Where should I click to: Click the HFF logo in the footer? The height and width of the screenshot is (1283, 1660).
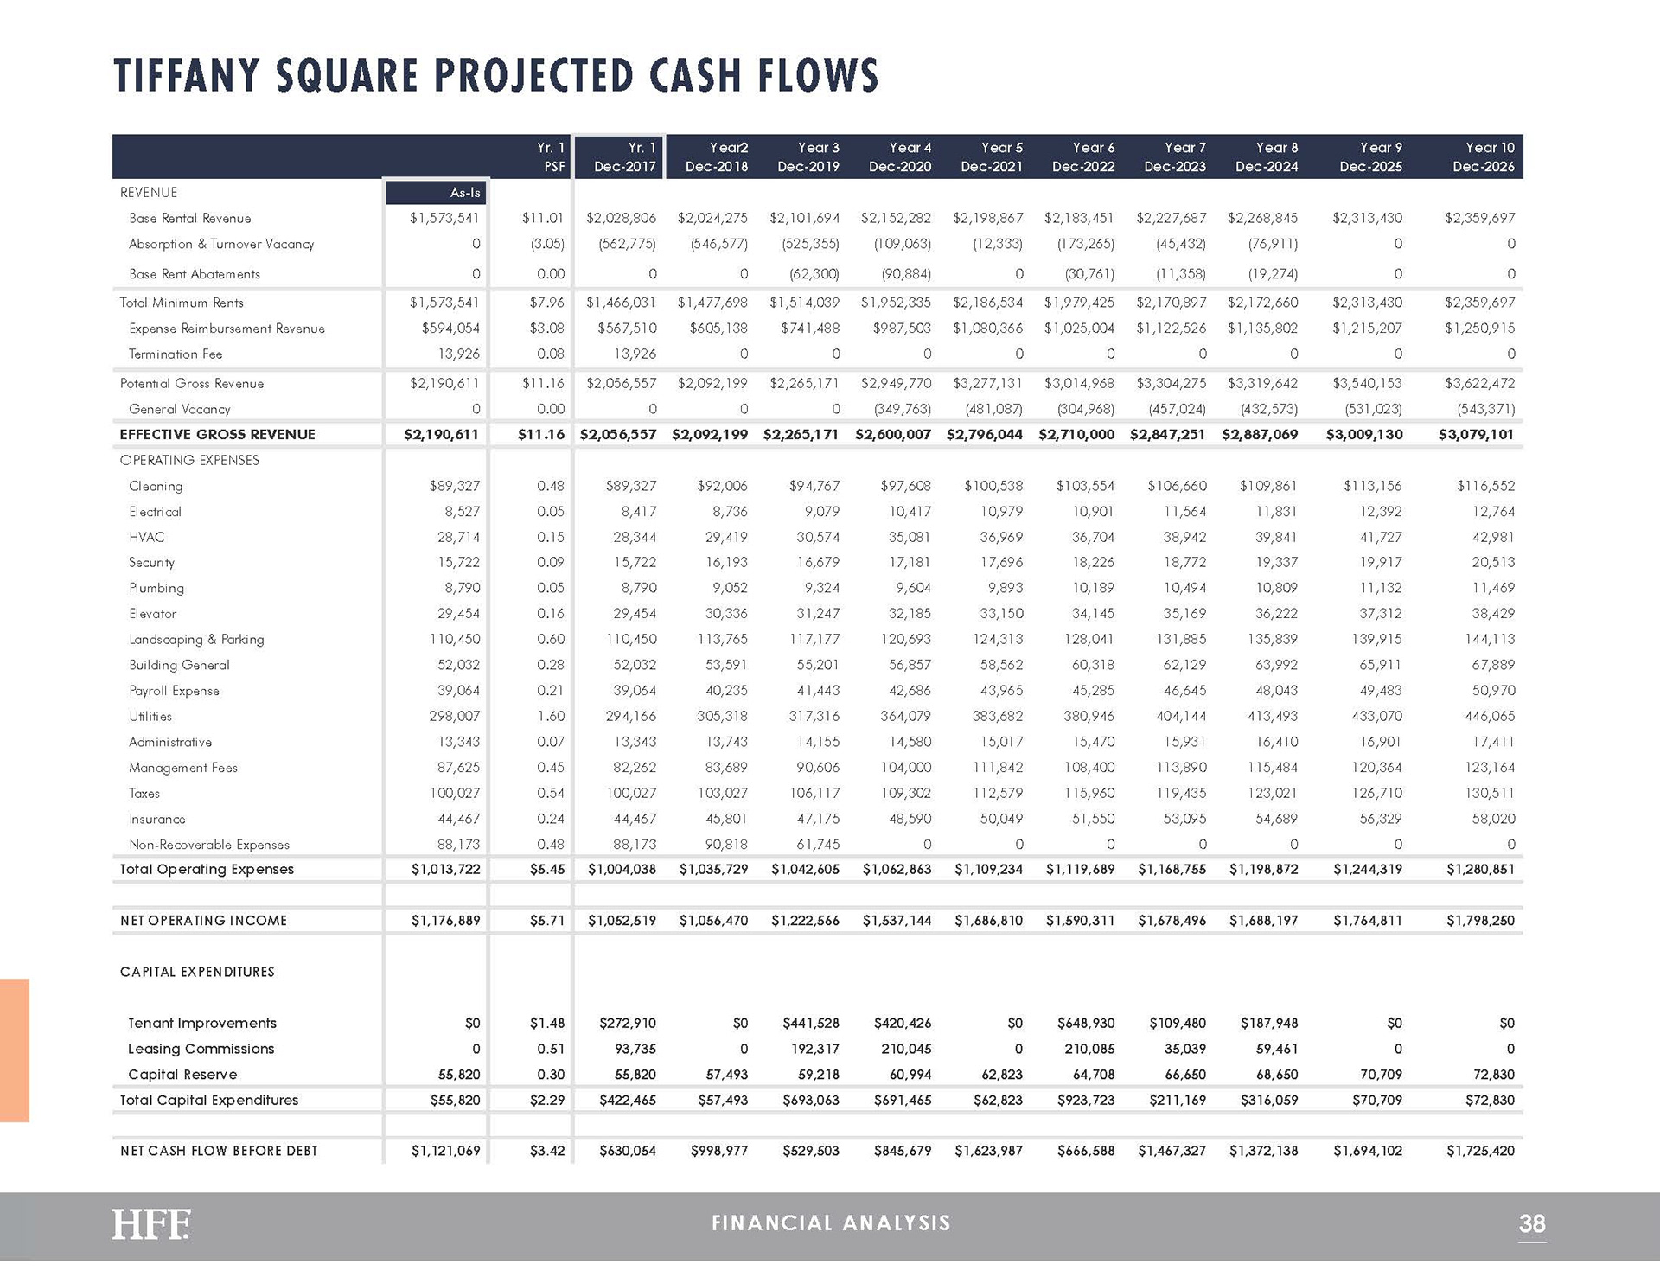click(x=150, y=1223)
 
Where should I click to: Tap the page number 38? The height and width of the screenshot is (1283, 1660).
click(x=1532, y=1223)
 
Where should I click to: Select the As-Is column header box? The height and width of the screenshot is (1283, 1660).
click(x=435, y=192)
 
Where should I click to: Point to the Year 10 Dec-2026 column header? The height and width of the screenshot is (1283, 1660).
click(x=1484, y=156)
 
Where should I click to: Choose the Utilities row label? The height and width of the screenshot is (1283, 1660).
click(x=150, y=716)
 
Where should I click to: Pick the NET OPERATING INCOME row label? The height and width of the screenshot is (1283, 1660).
click(x=203, y=920)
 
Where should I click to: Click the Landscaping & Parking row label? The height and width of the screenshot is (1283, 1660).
click(x=196, y=639)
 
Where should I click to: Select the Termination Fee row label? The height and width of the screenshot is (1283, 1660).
click(x=176, y=354)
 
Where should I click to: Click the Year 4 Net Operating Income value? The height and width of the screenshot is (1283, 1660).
click(x=897, y=920)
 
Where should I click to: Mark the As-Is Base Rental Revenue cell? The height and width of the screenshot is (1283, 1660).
click(x=444, y=218)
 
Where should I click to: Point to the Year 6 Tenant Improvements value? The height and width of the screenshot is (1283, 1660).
click(x=1086, y=1023)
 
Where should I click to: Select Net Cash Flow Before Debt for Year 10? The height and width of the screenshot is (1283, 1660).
click(x=1480, y=1151)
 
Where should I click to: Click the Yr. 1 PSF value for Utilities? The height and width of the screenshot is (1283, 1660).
click(x=551, y=716)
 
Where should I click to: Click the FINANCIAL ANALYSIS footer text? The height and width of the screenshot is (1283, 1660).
click(x=831, y=1222)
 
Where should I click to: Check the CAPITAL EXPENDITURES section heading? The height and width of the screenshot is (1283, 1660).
click(x=197, y=972)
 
